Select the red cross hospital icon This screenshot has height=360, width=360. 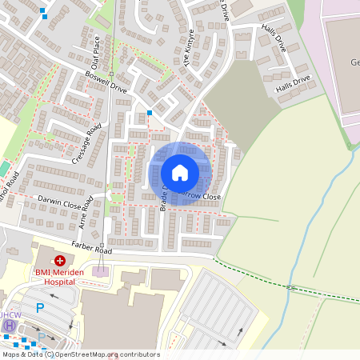(60, 261)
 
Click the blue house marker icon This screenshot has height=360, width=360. (180, 173)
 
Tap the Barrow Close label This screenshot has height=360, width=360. (201, 194)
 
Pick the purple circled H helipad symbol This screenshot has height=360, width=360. (9, 326)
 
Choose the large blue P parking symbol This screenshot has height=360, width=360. (38, 307)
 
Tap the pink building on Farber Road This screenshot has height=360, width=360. (100, 272)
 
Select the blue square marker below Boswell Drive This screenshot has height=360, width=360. (150, 113)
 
